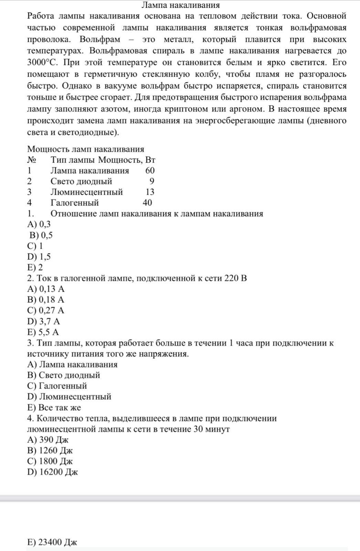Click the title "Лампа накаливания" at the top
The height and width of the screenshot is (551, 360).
tap(180, 5)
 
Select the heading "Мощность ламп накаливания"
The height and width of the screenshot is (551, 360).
tap(85, 149)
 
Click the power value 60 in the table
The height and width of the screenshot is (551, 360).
tap(150, 170)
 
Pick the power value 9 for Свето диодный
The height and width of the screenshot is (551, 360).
tap(152, 181)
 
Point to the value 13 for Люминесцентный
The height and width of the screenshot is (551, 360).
tap(150, 192)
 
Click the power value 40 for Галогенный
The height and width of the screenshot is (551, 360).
tap(147, 203)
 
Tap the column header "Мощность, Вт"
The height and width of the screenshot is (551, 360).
tap(127, 160)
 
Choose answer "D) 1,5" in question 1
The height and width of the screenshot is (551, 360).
tap(39, 257)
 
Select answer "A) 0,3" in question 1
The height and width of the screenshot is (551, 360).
tap(39, 224)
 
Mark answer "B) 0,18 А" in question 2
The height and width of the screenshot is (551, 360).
tap(46, 300)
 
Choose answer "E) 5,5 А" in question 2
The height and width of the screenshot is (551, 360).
tap(43, 332)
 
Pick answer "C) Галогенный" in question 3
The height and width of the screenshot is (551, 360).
tap(57, 386)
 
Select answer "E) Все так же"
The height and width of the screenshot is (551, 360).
tap(54, 407)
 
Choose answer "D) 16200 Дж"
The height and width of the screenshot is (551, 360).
tap(52, 472)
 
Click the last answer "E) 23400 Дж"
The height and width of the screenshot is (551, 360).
tap(52, 542)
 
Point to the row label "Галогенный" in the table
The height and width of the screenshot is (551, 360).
tap(75, 203)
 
